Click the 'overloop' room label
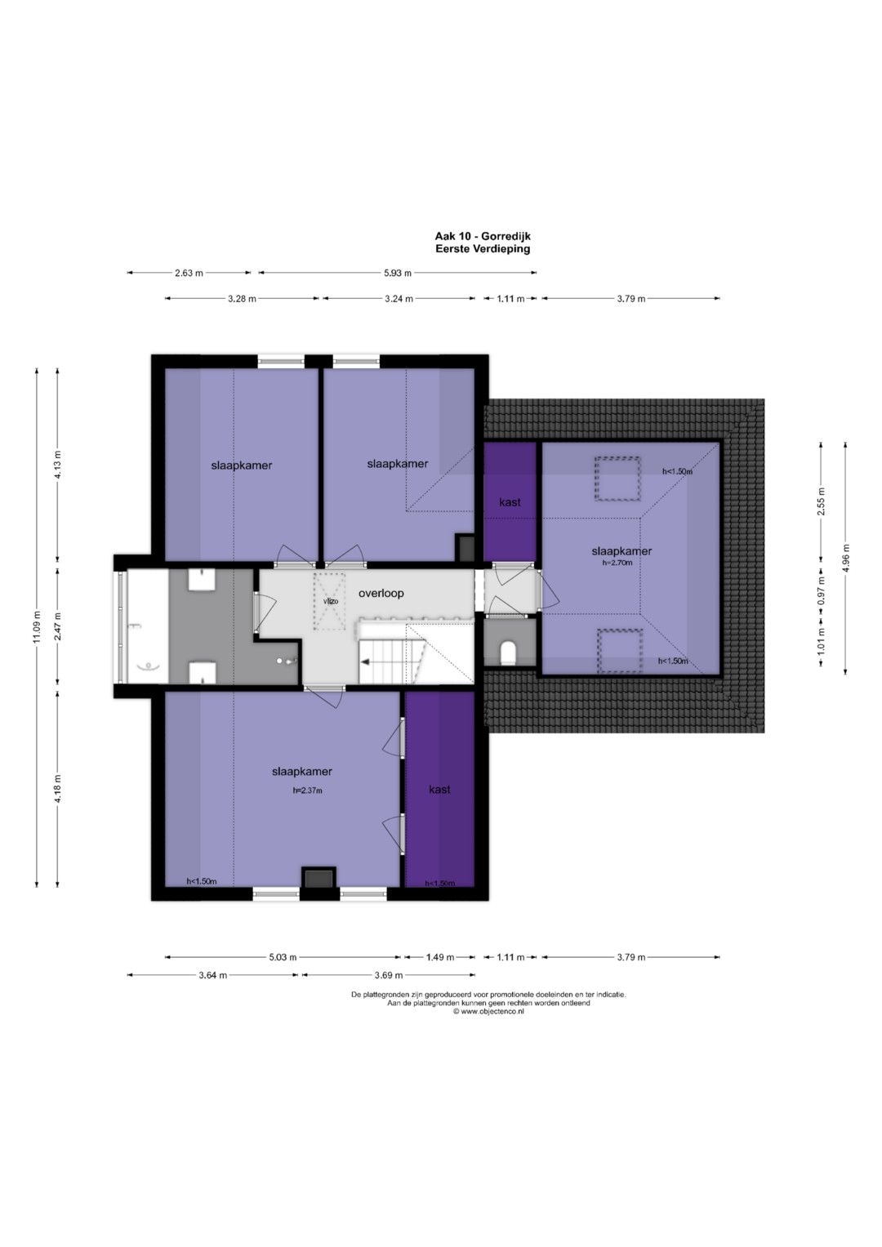(381, 594)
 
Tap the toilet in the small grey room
(508, 653)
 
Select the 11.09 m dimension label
(38, 627)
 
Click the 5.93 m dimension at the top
(398, 273)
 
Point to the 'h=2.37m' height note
(307, 790)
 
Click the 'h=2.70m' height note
(617, 563)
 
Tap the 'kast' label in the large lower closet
(439, 790)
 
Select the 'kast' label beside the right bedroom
(510, 502)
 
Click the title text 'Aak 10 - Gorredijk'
(483, 237)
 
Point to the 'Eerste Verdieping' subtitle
(483, 249)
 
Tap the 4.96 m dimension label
(845, 558)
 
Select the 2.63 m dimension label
(189, 273)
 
